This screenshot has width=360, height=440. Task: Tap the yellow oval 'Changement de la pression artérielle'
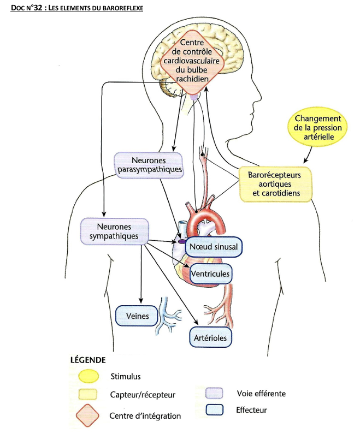pyautogui.click(x=317, y=127)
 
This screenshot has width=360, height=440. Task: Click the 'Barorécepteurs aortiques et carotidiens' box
pyautogui.click(x=276, y=185)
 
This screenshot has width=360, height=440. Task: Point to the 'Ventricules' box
pyautogui.click(x=210, y=273)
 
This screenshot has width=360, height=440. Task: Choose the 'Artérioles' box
pyautogui.click(x=210, y=337)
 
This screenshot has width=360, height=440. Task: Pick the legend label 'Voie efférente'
pyautogui.click(x=261, y=393)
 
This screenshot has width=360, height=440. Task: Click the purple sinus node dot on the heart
pyautogui.click(x=181, y=241)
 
